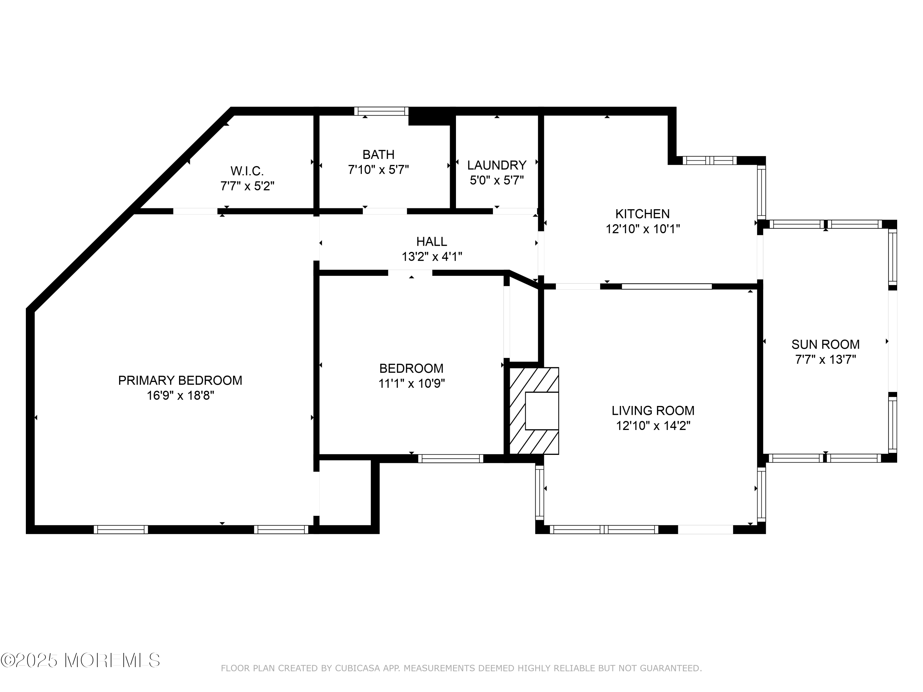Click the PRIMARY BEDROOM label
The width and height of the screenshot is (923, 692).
click(x=180, y=380)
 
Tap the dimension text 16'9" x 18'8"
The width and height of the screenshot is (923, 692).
click(x=180, y=396)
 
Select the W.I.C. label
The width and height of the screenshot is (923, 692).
click(x=247, y=171)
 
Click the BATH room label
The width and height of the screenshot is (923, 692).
click(x=378, y=155)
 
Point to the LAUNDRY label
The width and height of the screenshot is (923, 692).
click(x=497, y=165)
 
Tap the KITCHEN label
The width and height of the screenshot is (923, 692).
click(x=642, y=214)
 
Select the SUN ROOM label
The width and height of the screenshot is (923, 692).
click(x=825, y=344)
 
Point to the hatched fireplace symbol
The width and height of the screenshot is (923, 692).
click(x=534, y=411)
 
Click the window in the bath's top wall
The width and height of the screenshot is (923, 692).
click(x=381, y=111)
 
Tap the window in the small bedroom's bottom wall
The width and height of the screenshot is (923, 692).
click(x=451, y=459)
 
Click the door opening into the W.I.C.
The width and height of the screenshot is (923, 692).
click(x=195, y=211)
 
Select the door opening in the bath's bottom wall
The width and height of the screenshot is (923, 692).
click(x=384, y=211)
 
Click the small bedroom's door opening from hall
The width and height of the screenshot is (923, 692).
click(x=410, y=273)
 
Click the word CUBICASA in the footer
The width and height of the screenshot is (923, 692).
click(x=357, y=669)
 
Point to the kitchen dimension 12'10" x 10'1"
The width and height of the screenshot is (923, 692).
click(x=643, y=229)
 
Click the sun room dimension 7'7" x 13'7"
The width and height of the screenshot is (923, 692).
click(x=825, y=360)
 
